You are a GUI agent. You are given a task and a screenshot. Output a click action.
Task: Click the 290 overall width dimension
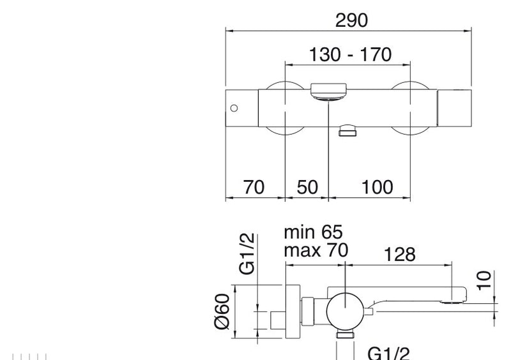(352, 20)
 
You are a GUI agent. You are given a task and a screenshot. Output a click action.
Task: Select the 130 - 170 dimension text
(350, 54)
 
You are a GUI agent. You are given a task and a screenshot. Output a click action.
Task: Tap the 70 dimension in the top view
(254, 187)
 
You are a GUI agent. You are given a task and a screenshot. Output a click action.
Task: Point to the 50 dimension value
(307, 187)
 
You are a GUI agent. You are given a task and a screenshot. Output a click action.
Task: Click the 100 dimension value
(377, 187)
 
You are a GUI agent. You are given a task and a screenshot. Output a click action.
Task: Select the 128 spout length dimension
(400, 255)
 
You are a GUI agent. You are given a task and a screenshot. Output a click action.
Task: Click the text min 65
(313, 232)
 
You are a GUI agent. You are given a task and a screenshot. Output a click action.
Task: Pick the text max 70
(316, 250)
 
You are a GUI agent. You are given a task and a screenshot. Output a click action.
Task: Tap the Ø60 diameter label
(222, 311)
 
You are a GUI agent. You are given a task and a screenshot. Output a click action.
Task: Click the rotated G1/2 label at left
(247, 254)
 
